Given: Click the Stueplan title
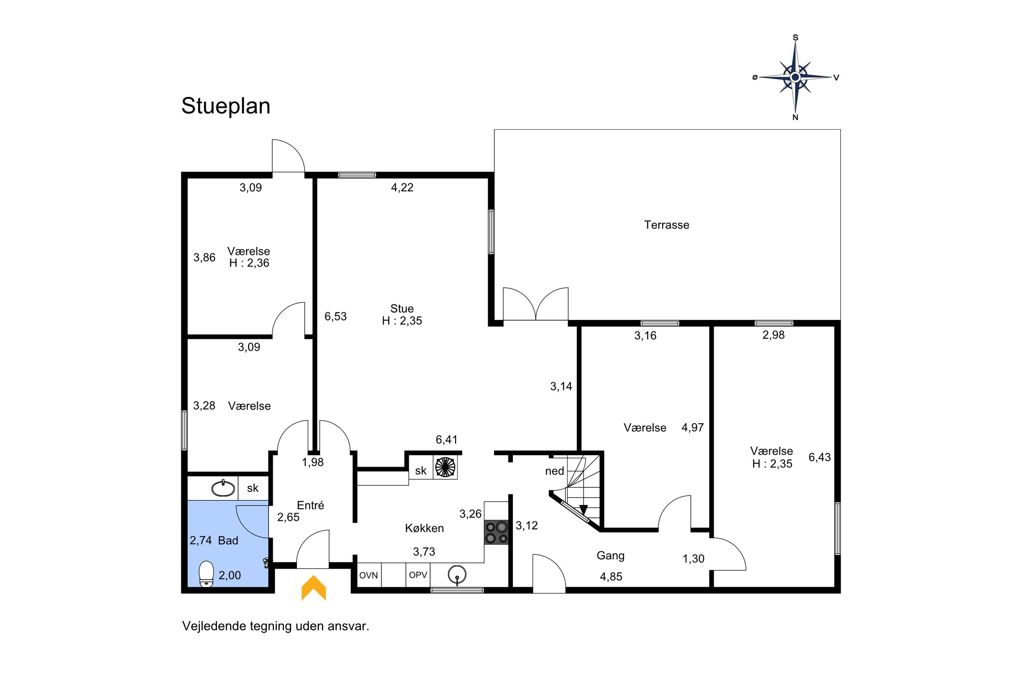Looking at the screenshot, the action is [x=225, y=106].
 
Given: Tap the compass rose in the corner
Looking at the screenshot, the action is [x=795, y=77].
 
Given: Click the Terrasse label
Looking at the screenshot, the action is [x=667, y=225].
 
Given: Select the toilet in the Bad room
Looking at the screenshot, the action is [x=207, y=574].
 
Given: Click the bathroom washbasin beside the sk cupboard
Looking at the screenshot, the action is [x=223, y=488].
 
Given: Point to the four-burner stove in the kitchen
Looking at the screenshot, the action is [x=497, y=532].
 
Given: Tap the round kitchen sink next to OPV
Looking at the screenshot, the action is [x=457, y=575].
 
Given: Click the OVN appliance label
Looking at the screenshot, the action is [x=369, y=575].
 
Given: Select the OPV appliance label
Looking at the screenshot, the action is [x=418, y=575].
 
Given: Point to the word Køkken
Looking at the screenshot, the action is [x=424, y=529].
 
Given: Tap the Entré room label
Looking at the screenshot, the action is [x=311, y=505].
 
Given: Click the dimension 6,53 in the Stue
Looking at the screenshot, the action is [x=335, y=316].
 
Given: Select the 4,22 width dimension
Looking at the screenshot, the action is [x=402, y=187].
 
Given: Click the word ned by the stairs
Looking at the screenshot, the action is [x=555, y=471].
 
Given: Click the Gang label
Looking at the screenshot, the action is [x=610, y=556].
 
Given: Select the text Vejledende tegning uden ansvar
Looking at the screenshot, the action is [x=276, y=626].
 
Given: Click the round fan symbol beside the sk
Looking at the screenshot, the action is [x=445, y=467].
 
